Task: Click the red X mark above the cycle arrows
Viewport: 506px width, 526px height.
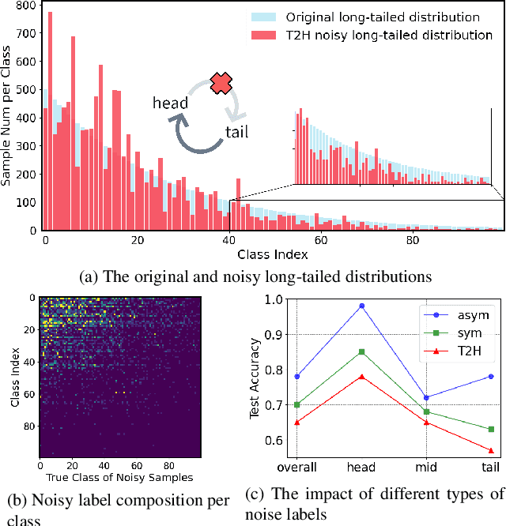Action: click(221, 84)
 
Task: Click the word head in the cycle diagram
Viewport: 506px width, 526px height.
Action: click(171, 103)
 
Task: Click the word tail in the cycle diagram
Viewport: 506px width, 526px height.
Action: click(237, 132)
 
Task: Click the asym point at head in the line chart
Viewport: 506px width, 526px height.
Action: click(361, 306)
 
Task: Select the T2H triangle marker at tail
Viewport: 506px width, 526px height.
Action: click(491, 450)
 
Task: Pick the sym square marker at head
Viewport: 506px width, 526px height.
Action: click(361, 351)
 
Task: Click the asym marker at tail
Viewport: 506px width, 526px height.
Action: click(491, 376)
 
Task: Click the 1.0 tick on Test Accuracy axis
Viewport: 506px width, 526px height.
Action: click(274, 299)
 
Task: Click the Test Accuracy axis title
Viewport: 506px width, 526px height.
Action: click(255, 378)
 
